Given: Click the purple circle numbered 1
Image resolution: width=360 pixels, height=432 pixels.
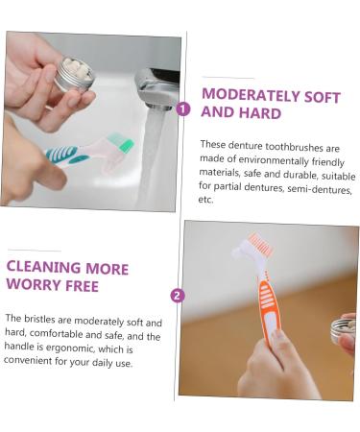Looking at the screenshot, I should point(182,108).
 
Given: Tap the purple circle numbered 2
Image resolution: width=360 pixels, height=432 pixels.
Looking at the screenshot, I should point(177,295).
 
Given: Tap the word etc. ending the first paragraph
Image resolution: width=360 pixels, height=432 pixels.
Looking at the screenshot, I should point(206,200).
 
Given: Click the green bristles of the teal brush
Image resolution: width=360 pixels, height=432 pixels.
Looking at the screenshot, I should point(122,144).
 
